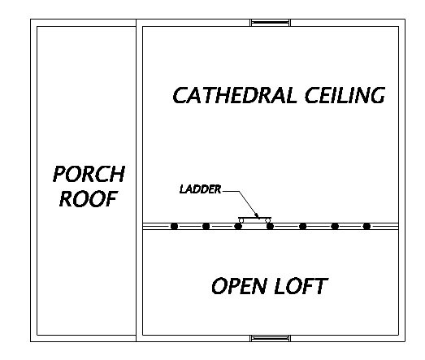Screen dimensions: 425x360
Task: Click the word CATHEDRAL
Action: click(x=235, y=95)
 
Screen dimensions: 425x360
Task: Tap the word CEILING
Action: click(x=345, y=95)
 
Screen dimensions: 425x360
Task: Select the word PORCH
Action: click(x=89, y=174)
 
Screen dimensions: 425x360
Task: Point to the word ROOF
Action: click(x=89, y=199)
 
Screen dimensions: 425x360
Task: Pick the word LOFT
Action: click(x=301, y=286)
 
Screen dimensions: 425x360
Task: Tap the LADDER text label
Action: click(x=200, y=189)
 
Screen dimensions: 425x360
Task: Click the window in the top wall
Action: click(x=271, y=23)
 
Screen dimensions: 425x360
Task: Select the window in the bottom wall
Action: click(x=271, y=338)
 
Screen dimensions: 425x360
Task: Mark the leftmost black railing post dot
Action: click(x=174, y=226)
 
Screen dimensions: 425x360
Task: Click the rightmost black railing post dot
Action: click(x=366, y=226)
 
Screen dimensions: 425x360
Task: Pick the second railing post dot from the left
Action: click(x=206, y=226)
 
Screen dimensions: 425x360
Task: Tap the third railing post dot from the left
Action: click(x=238, y=226)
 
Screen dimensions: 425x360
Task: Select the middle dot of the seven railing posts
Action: click(x=270, y=226)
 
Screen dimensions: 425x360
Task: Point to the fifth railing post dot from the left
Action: click(x=302, y=226)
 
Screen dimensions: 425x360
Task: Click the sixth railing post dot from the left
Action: click(x=335, y=226)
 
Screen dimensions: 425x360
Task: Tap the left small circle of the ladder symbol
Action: click(x=241, y=221)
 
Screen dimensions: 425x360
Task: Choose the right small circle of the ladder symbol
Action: click(x=268, y=221)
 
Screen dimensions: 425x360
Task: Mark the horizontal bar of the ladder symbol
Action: click(x=254, y=218)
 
